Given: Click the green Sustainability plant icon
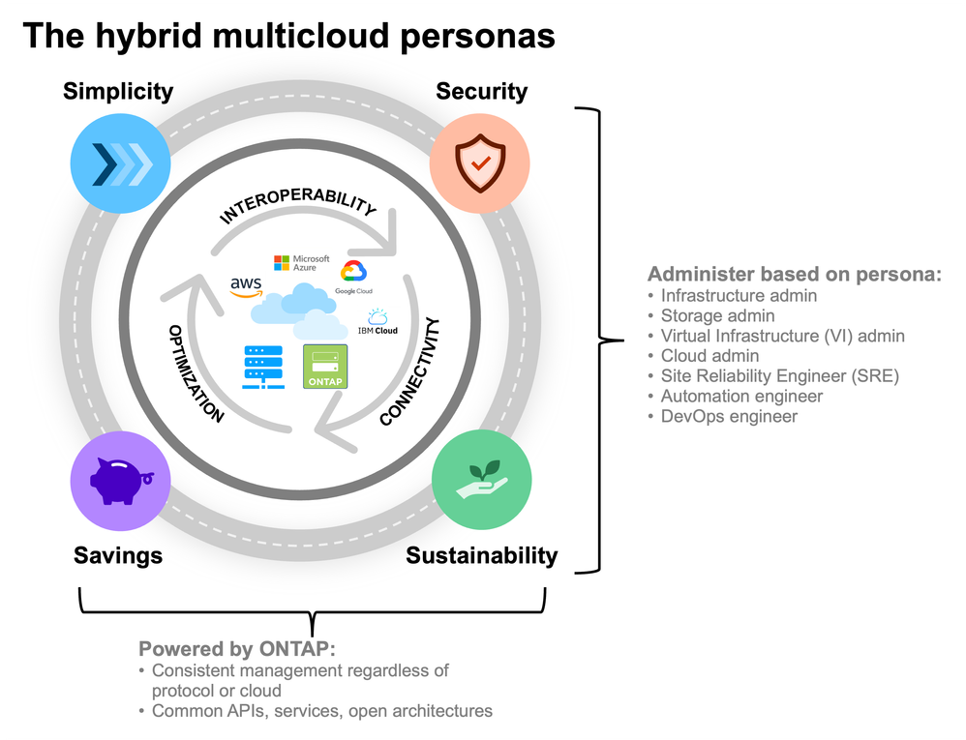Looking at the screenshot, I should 481,480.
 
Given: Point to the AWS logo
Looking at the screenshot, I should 247,286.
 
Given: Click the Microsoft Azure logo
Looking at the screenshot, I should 302,263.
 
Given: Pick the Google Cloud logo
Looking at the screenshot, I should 352,277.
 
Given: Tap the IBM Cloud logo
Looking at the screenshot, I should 377,323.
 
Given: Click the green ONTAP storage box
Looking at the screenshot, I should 325,367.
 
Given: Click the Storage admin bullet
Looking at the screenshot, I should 717,315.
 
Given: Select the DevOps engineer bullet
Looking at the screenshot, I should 729,416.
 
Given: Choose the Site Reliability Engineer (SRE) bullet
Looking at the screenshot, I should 779,375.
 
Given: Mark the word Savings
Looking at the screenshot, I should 118,555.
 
